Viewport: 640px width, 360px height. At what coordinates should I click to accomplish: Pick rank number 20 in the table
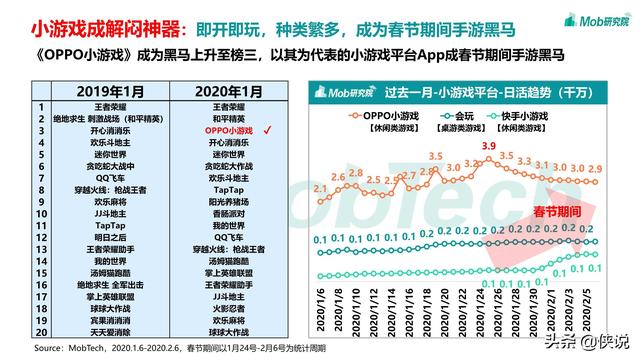coord(41,330)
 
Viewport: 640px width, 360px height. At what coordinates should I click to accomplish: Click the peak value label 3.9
coord(488,147)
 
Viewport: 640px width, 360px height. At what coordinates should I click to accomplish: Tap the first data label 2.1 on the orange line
coord(319,188)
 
